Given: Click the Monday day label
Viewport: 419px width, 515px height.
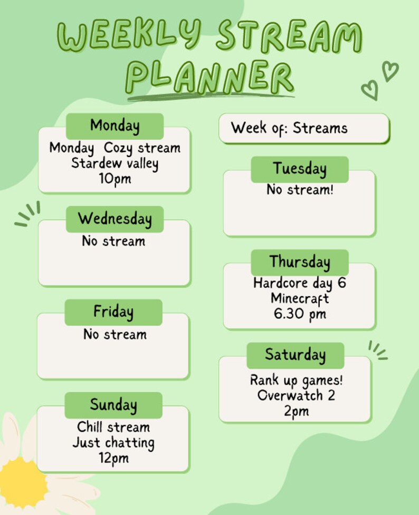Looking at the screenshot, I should tap(115, 126).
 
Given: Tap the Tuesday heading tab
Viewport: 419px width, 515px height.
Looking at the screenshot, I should tap(299, 169).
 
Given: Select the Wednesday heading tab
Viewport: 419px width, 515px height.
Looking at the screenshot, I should tap(115, 219).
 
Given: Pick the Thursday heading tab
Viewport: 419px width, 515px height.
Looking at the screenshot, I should tap(299, 262).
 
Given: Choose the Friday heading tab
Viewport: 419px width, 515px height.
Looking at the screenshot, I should tap(113, 312).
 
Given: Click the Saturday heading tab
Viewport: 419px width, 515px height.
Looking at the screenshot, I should tap(295, 355).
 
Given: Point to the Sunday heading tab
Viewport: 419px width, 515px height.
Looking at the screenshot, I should tap(113, 405).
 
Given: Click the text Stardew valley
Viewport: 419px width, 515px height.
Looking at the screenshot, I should tap(115, 163).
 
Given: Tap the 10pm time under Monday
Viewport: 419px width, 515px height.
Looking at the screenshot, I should tap(115, 178).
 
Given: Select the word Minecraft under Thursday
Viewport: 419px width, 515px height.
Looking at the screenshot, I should tap(300, 298).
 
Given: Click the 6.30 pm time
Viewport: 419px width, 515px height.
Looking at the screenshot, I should tap(300, 314).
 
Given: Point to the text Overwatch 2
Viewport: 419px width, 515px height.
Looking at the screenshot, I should tap(296, 395).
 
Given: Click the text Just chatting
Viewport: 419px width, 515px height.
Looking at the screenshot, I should tap(113, 442).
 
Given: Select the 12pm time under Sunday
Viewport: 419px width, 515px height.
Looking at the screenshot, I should tap(113, 458).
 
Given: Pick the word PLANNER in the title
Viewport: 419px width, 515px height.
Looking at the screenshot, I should tap(209, 76).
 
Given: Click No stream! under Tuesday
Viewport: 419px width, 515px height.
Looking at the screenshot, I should tap(300, 190).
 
